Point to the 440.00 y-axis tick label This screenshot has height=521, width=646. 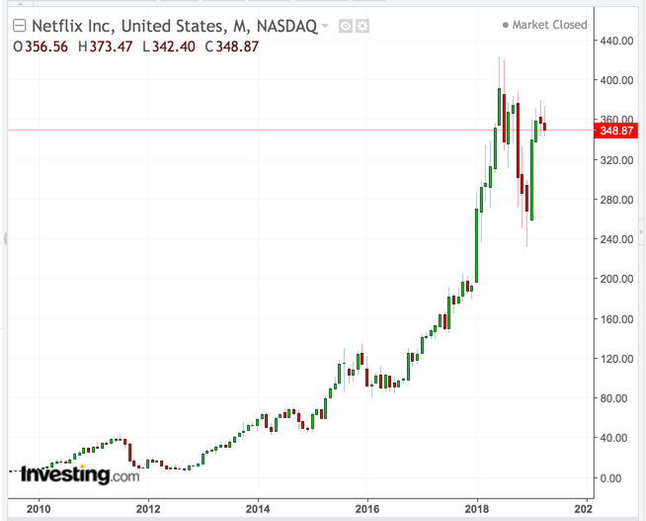coord(618,41)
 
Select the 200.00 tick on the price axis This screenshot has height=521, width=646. coord(618,279)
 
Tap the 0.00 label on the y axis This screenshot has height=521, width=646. coord(612,478)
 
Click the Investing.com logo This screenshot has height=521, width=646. coord(80,475)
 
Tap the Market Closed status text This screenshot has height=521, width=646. coord(550,25)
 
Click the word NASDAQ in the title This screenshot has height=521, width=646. coord(287,25)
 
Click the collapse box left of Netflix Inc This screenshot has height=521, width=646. coord(15,25)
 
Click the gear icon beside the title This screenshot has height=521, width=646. coord(363,25)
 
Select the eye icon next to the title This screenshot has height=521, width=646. coord(346,25)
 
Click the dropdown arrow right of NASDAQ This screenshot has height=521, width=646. coord(325,26)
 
